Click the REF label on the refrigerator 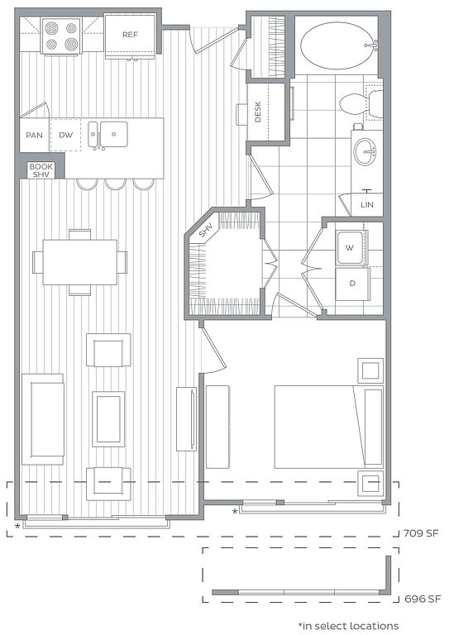click(x=130, y=35)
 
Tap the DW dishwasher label click(x=66, y=135)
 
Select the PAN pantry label click(x=35, y=135)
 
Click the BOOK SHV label click(x=41, y=170)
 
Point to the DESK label click(x=258, y=112)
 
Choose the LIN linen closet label click(x=367, y=204)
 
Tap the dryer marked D click(x=352, y=284)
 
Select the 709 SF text click(x=421, y=533)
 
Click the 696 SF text click(x=423, y=599)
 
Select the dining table click(x=79, y=262)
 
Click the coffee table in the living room click(x=108, y=418)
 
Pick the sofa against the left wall click(x=43, y=419)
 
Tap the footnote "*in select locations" click(x=348, y=626)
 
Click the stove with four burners click(x=61, y=36)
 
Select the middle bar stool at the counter click(x=116, y=184)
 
